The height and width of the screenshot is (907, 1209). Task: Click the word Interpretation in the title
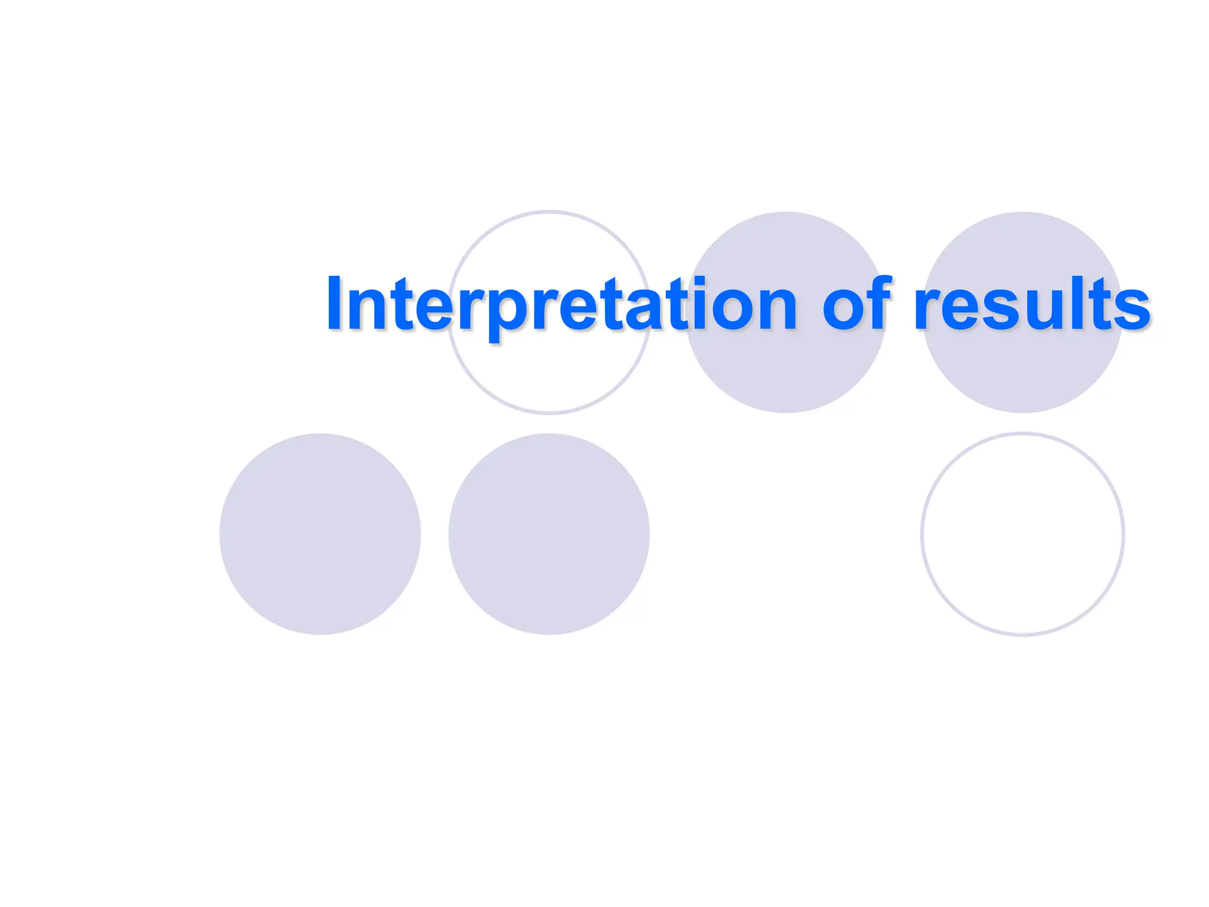click(x=561, y=304)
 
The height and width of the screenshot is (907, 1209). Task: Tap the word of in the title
click(x=856, y=304)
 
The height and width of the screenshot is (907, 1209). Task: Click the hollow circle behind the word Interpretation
click(x=550, y=378)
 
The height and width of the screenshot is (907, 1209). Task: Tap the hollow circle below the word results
click(x=1022, y=534)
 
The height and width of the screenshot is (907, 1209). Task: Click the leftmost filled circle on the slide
click(x=320, y=534)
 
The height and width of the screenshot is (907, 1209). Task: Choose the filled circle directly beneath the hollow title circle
click(x=549, y=534)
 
